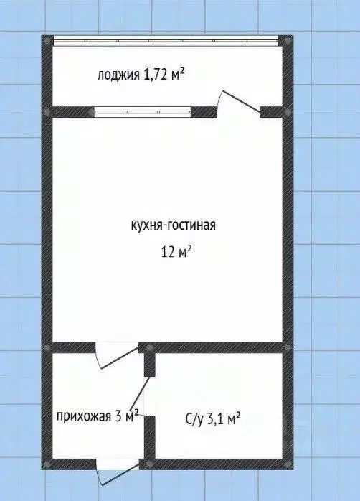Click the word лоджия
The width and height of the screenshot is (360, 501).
[x=118, y=73]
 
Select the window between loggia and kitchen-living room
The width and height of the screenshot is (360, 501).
[x=142, y=111]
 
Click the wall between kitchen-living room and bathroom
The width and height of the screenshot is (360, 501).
[x=215, y=348]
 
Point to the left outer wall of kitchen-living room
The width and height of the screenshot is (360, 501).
[x=47, y=230]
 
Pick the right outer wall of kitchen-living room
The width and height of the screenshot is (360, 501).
[x=287, y=230]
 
